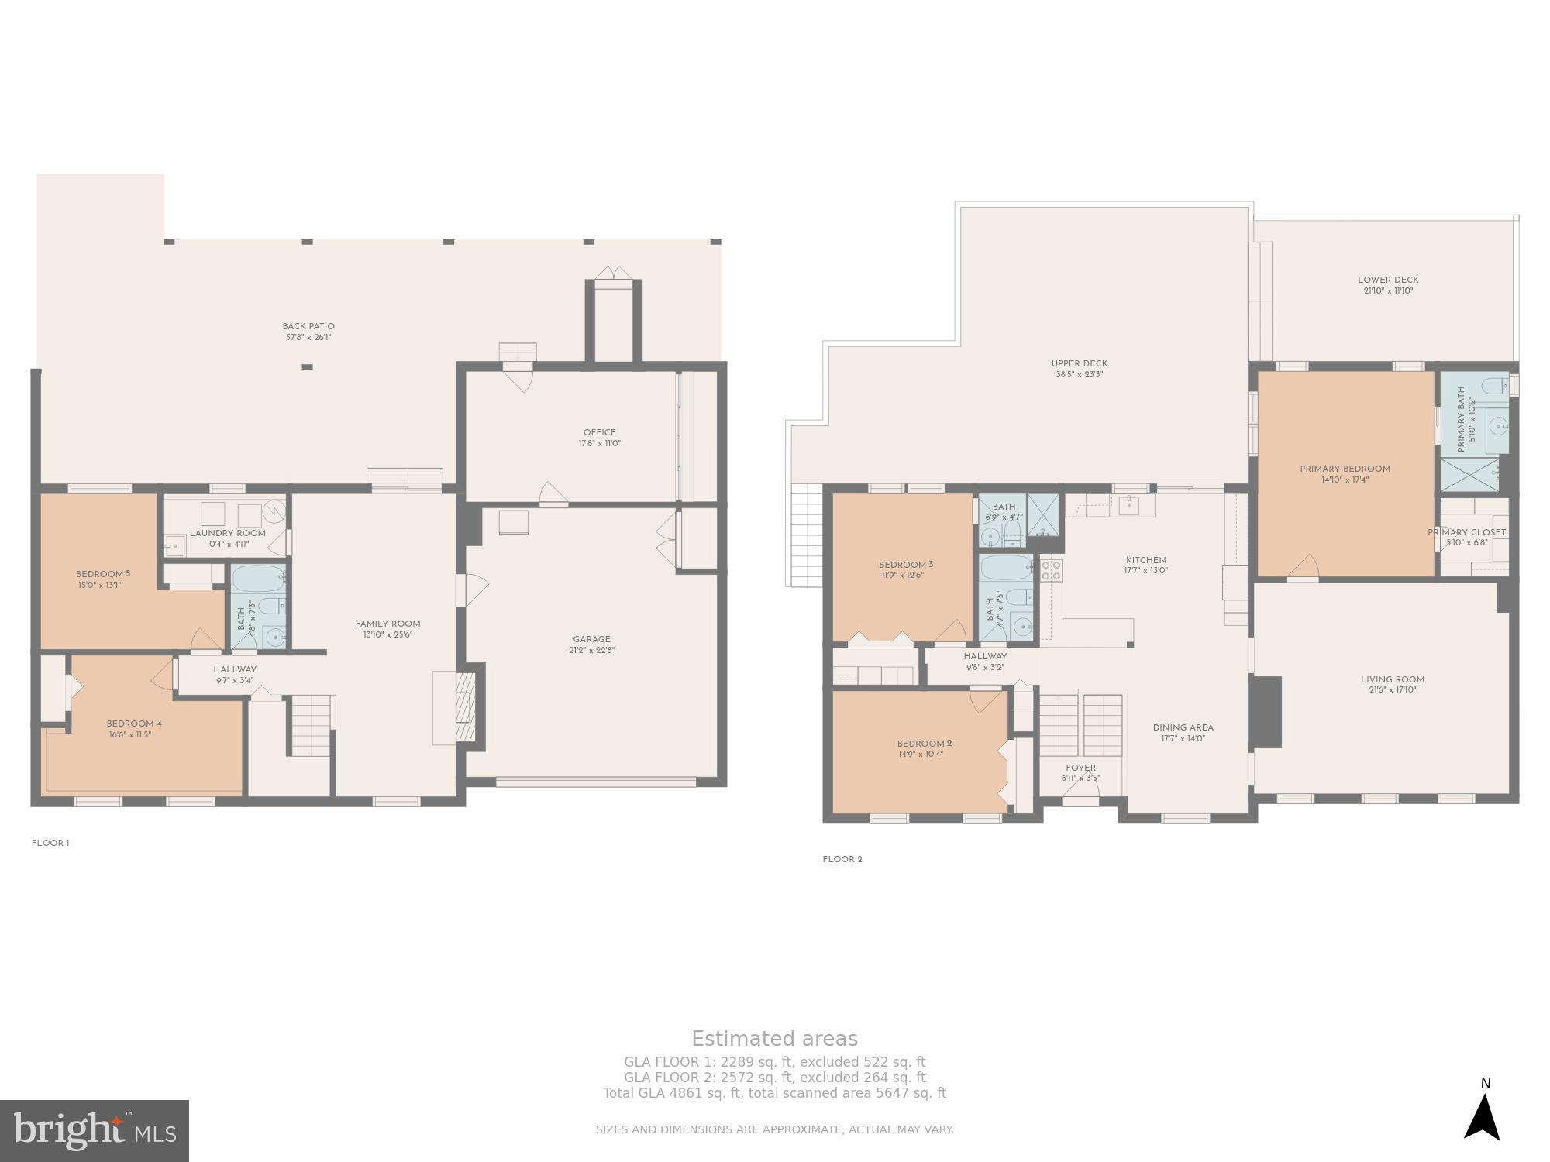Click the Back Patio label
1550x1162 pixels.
(x=308, y=327)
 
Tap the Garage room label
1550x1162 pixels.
(x=591, y=640)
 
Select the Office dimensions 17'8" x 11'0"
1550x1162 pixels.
(x=599, y=444)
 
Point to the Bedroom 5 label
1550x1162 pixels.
(x=103, y=574)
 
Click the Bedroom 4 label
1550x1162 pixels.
(x=134, y=724)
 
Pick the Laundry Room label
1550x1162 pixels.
(x=227, y=534)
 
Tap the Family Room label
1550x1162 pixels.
(x=387, y=624)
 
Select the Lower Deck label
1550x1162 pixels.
(x=1388, y=280)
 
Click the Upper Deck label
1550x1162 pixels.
(x=1079, y=364)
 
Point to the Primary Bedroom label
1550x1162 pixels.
(x=1345, y=469)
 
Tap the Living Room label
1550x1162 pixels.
(x=1392, y=680)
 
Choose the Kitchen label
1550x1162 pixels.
(x=1145, y=561)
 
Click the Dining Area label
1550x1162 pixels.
(x=1183, y=728)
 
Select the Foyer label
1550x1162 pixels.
(x=1080, y=768)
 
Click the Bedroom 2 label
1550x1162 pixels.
(x=925, y=744)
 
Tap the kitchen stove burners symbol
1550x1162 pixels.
(x=1051, y=570)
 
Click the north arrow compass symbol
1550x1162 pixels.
(x=1483, y=1116)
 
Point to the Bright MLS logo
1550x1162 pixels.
(x=94, y=1130)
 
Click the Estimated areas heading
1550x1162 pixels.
(x=774, y=1039)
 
